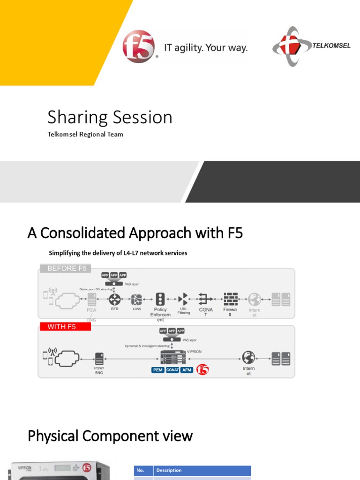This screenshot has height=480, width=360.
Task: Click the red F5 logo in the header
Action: click(139, 46)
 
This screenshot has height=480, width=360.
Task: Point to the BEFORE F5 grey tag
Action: click(66, 268)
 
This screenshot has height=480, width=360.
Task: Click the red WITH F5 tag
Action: click(64, 326)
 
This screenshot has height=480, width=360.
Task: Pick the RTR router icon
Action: click(114, 299)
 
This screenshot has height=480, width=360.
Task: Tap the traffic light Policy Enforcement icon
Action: click(160, 299)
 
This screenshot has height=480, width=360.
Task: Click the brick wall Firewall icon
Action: click(230, 299)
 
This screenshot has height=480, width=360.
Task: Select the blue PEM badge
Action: click(157, 370)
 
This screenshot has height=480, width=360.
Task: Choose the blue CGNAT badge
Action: click(172, 370)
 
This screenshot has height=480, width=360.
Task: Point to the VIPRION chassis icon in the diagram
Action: click(173, 357)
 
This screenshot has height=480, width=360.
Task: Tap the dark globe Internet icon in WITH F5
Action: click(248, 357)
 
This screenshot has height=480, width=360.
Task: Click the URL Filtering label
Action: click(184, 311)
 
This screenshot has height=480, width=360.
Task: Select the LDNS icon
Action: click(137, 299)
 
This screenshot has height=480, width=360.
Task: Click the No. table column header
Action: click(140, 470)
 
